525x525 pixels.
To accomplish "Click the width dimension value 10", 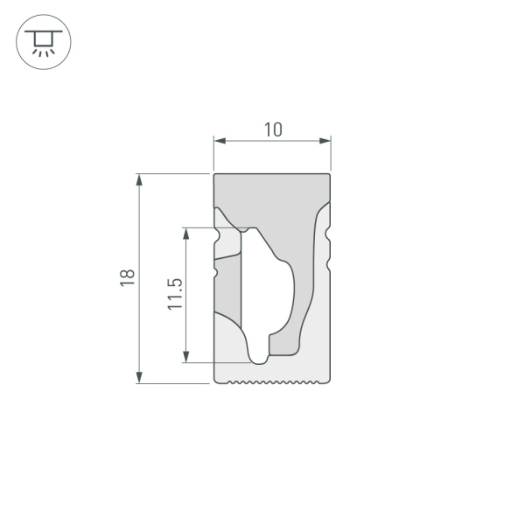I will (x=272, y=129).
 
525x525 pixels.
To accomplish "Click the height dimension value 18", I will (x=128, y=276).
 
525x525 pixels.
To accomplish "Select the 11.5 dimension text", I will (x=174, y=294).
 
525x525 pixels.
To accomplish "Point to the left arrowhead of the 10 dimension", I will (x=219, y=141).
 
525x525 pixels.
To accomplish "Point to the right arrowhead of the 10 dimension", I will (x=326, y=141).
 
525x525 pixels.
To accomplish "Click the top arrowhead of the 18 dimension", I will (x=139, y=179).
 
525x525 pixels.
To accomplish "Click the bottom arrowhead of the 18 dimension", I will (x=139, y=377).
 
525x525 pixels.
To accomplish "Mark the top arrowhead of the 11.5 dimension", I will (x=185, y=233).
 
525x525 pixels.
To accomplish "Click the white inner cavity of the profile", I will (x=271, y=289).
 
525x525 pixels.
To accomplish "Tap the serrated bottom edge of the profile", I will (x=272, y=382).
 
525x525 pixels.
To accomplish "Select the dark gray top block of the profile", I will (x=272, y=197).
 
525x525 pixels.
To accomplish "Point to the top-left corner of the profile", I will (x=215, y=175).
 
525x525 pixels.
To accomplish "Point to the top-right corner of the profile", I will (x=330, y=175).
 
